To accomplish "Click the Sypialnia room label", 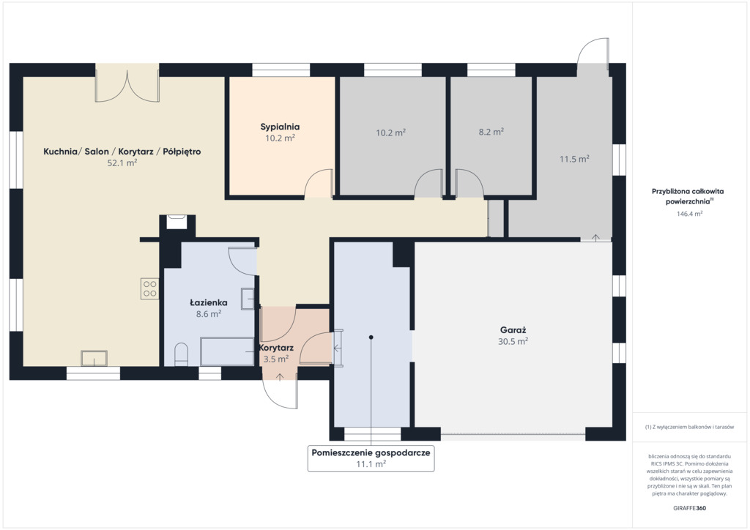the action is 280,127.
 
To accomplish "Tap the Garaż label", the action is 513,329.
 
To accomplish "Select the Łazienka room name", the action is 208,302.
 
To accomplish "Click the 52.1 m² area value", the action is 122,163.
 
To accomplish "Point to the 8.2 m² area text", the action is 491,132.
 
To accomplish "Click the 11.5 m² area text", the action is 574,159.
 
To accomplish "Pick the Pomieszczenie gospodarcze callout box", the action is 371,458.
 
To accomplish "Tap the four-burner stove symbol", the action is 149,288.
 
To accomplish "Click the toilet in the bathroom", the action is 182,354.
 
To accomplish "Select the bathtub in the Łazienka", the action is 227,351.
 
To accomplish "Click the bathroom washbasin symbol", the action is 248,299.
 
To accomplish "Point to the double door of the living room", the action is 127,86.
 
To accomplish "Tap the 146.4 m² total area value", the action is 689,214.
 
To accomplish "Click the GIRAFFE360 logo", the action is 689,508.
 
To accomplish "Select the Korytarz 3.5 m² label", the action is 276,353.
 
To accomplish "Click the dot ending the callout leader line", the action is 371,337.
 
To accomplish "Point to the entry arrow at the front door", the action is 280,376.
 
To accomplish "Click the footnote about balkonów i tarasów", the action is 689,427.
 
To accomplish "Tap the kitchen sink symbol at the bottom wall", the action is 94,359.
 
